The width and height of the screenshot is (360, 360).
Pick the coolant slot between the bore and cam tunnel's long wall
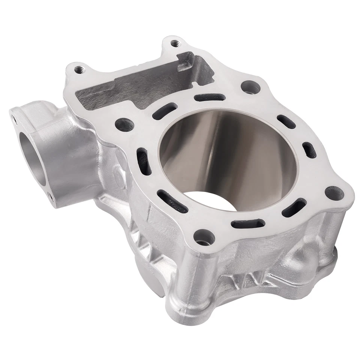click(x=210, y=97)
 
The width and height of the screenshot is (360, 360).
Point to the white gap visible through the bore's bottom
click(x=206, y=198)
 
